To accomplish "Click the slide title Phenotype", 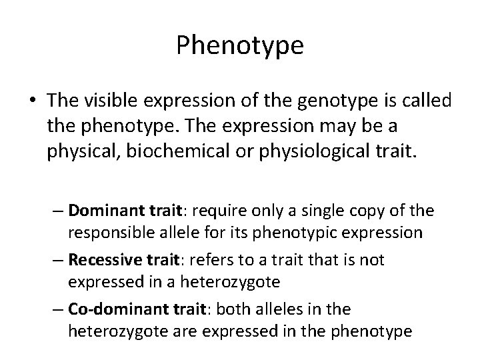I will [x=240, y=45].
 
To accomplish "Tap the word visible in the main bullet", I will [x=113, y=101].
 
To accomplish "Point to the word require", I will [x=226, y=211].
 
